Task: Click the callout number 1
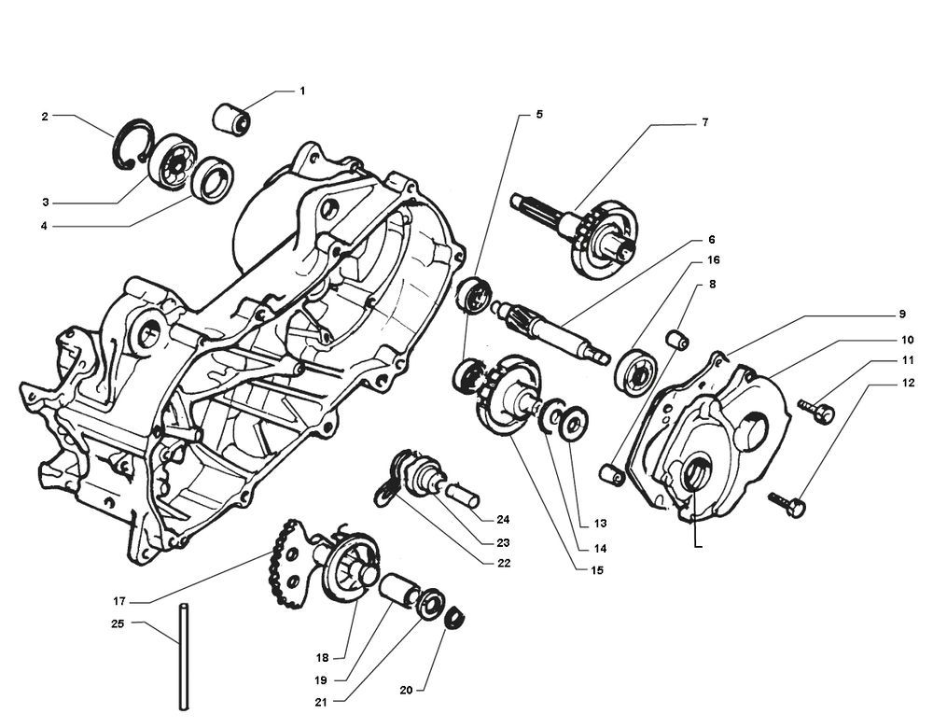302,91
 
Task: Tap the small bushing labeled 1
233,119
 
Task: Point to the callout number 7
705,121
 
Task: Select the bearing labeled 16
638,366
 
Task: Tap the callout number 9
902,314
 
